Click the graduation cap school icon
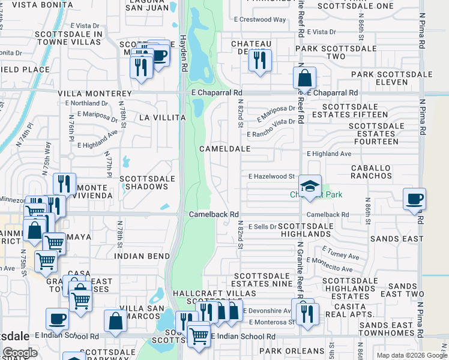(x=310, y=186)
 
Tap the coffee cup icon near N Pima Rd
(x=414, y=199)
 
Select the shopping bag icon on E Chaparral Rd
(x=305, y=77)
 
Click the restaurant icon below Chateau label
(x=260, y=60)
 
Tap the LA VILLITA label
(x=162, y=118)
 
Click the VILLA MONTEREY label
(x=95, y=94)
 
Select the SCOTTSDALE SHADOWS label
(x=147, y=182)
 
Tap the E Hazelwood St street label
(x=271, y=176)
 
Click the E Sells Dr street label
(x=261, y=227)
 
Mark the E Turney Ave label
(x=340, y=253)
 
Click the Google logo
(x=20, y=353)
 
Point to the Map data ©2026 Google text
(x=411, y=355)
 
